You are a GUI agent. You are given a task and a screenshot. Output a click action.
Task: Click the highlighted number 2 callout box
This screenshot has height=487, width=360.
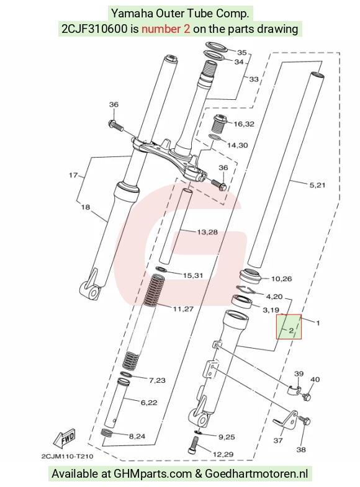(x=289, y=326)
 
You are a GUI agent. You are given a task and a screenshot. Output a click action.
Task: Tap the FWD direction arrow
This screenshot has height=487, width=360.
(x=65, y=439)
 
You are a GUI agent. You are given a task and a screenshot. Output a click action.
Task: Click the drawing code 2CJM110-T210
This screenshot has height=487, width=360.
(x=67, y=456)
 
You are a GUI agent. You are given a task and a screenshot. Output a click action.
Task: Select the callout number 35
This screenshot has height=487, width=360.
(x=241, y=53)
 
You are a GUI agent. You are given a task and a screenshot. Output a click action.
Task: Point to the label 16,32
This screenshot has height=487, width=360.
(x=244, y=124)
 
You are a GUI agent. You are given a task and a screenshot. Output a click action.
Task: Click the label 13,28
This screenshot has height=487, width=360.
(x=207, y=231)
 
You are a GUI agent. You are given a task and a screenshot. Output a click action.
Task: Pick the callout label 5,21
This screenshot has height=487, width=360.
(x=317, y=185)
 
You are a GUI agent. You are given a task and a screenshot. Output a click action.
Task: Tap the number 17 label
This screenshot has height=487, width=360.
(x=73, y=175)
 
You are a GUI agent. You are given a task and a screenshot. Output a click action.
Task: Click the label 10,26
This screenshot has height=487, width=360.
(x=281, y=279)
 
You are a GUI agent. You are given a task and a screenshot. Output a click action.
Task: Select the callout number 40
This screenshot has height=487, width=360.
(x=315, y=379)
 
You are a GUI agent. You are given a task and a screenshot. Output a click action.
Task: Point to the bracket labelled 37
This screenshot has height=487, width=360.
(x=286, y=421)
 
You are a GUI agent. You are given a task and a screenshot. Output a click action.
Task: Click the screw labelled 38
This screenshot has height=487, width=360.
(x=305, y=421)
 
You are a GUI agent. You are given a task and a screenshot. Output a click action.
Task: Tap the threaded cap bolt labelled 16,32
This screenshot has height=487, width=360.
(x=219, y=123)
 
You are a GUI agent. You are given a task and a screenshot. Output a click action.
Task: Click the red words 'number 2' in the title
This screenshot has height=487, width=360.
(x=166, y=29)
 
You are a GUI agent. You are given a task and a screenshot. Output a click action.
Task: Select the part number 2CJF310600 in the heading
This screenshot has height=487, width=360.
(x=94, y=29)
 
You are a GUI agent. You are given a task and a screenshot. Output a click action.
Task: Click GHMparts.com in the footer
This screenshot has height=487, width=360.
(x=153, y=474)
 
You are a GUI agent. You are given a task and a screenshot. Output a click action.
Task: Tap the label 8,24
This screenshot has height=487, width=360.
(x=137, y=436)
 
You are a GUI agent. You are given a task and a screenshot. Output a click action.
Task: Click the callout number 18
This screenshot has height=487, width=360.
(x=86, y=207)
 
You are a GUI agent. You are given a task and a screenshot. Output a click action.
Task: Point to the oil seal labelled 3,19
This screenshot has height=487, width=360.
(x=243, y=302)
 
